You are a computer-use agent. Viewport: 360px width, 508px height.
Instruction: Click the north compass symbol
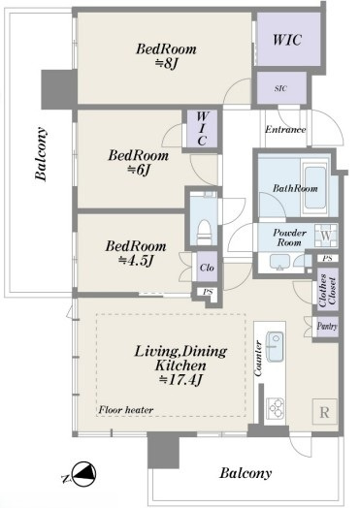[x=82, y=475]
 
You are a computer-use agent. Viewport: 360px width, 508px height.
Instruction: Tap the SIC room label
[x=280, y=88]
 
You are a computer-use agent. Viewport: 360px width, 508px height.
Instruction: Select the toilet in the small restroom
[x=205, y=232]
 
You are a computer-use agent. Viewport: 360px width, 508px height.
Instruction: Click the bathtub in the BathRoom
[x=314, y=187]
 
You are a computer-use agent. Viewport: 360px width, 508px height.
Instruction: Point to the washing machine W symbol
[x=326, y=236]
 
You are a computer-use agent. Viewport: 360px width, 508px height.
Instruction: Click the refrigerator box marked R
[x=325, y=412]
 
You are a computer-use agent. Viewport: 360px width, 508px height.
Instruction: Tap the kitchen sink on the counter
[x=275, y=346]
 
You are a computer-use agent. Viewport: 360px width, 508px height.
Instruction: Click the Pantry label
[x=327, y=327]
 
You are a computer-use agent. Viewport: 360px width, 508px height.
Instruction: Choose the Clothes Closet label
[x=328, y=291]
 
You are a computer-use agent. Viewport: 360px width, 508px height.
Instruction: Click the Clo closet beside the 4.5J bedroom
[x=207, y=268]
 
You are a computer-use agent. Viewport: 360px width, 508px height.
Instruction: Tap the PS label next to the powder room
[x=327, y=259]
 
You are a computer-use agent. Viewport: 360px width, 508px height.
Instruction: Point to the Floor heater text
[x=126, y=410]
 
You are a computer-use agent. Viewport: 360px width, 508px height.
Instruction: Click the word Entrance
[x=285, y=130]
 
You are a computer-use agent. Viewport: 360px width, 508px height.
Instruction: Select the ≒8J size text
[x=166, y=64]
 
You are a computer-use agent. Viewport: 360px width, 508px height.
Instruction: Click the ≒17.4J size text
[x=180, y=379]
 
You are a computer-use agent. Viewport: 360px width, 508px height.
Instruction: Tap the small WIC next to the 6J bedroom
[x=202, y=129]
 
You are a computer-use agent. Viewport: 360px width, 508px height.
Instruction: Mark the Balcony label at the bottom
[x=245, y=473]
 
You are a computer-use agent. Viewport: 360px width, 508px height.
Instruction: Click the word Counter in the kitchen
[x=258, y=359]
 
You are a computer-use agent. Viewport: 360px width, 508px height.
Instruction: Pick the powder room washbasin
[x=279, y=262]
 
